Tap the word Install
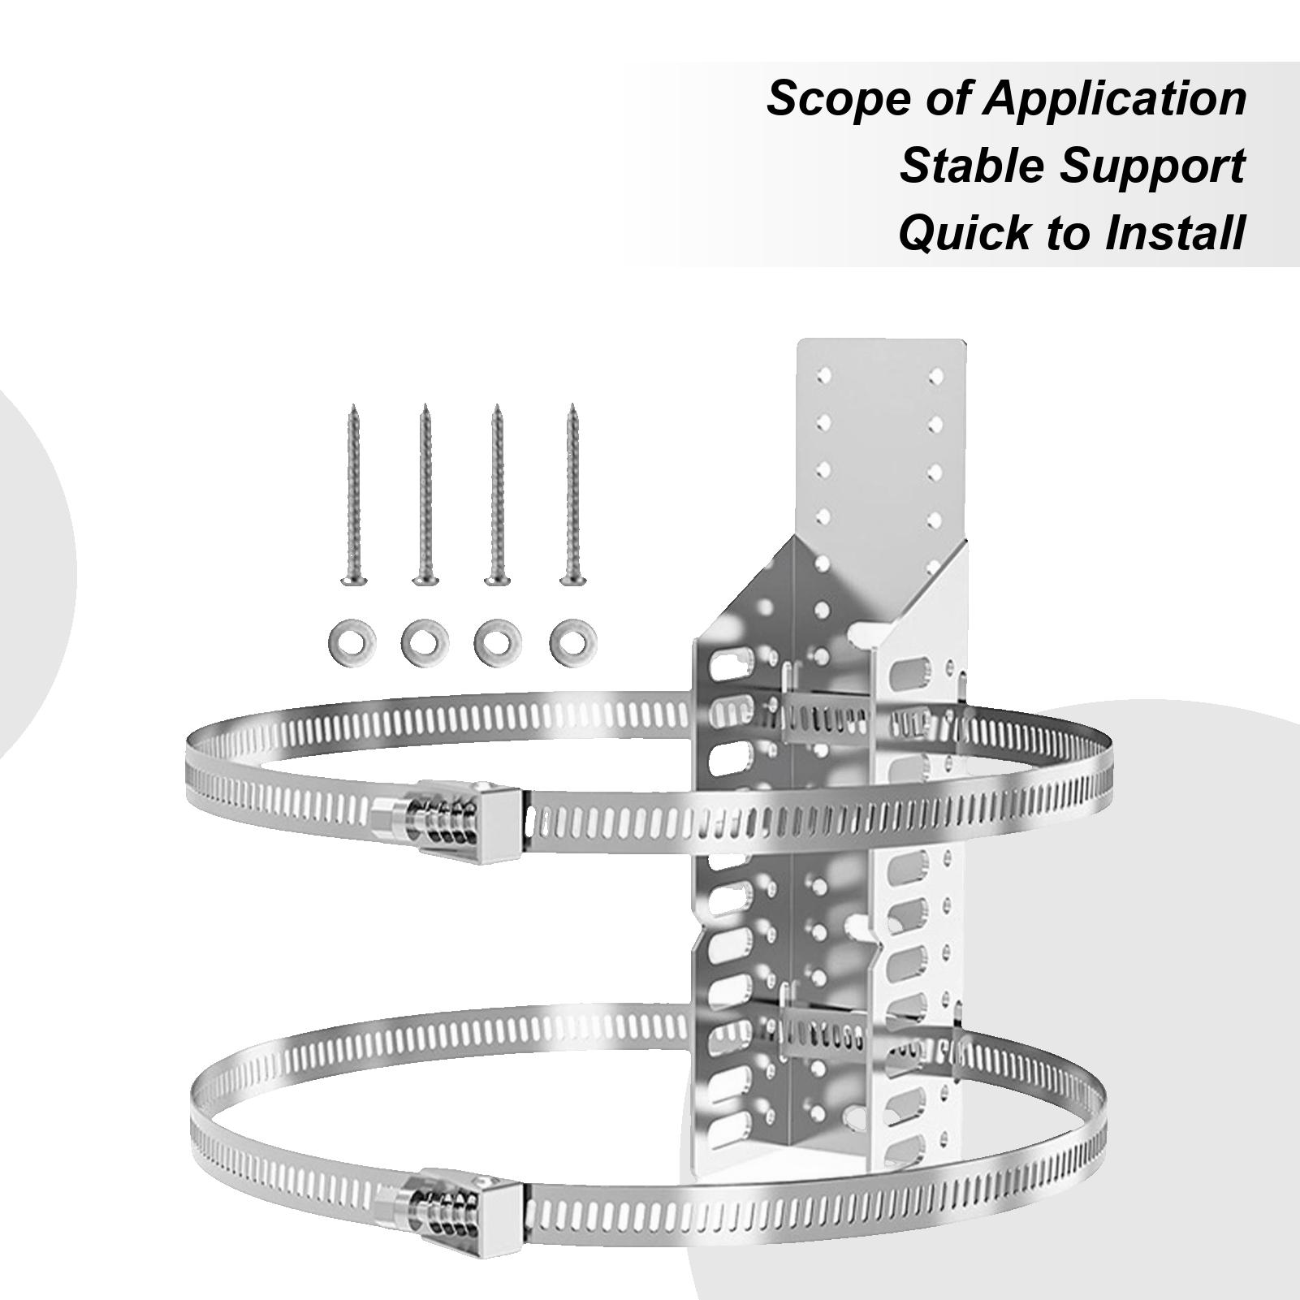click(x=1175, y=232)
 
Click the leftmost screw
click(x=354, y=495)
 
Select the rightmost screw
click(x=572, y=495)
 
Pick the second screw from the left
click(x=425, y=495)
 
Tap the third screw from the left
click(x=498, y=495)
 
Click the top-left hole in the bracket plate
click(x=824, y=375)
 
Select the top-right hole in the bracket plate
click(x=936, y=375)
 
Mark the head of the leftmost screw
click(x=354, y=580)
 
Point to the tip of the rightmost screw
click(x=572, y=404)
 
